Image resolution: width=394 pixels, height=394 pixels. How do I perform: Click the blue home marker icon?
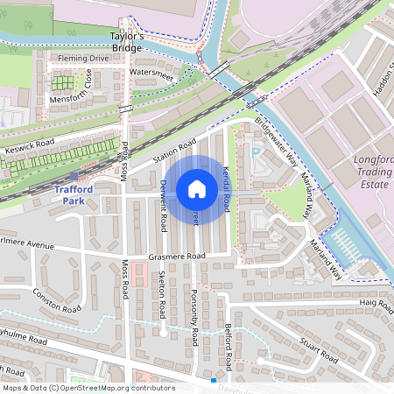pyautogui.click(x=197, y=188)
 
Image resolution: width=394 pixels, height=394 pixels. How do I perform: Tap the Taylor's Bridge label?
pyautogui.click(x=125, y=41)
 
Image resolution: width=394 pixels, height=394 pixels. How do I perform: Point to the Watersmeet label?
pyautogui.click(x=152, y=72)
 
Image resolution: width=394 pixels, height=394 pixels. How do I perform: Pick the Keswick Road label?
pyautogui.click(x=30, y=150)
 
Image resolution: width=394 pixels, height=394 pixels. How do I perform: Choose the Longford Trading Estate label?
pyautogui.click(x=372, y=172)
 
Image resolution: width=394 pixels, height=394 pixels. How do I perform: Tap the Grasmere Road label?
pyautogui.click(x=176, y=256)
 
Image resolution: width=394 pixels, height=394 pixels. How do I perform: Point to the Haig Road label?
pyautogui.click(x=376, y=303)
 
